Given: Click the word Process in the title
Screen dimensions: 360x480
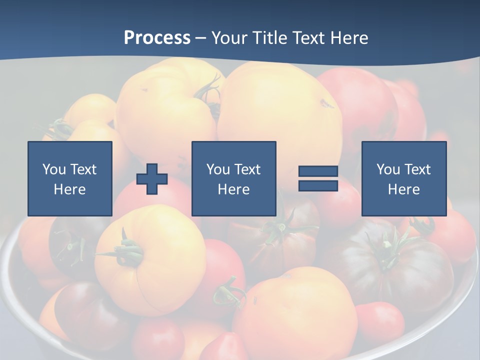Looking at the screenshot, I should pyautogui.click(x=157, y=38).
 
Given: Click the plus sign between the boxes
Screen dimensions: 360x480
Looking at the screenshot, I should pyautogui.click(x=152, y=179).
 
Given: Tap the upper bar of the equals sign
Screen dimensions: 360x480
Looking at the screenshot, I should pyautogui.click(x=318, y=171).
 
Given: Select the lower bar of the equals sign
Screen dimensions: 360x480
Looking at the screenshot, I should pyautogui.click(x=318, y=185).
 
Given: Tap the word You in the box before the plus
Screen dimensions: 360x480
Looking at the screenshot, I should pyautogui.click(x=53, y=169).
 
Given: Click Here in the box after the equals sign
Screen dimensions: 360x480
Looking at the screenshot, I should pyautogui.click(x=403, y=189).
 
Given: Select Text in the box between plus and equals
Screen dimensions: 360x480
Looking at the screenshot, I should pyautogui.click(x=247, y=169).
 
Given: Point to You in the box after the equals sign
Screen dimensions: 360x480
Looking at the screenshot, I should pyautogui.click(x=387, y=169).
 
